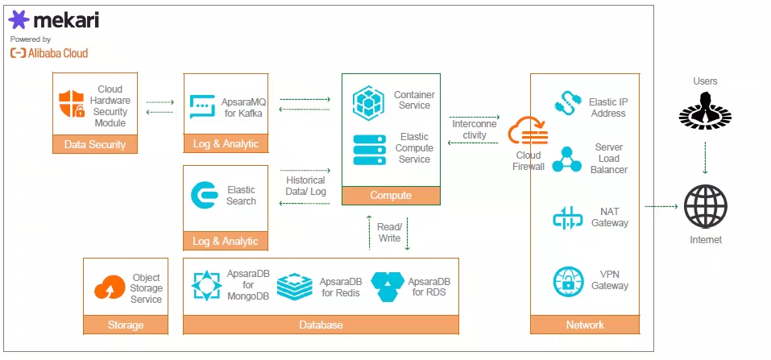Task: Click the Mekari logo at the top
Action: [x=55, y=19]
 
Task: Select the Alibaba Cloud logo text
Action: [x=49, y=53]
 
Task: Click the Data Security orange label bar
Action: [x=95, y=144]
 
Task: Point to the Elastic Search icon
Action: [x=203, y=196]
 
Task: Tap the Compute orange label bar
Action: [x=391, y=195]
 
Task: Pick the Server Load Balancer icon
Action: [x=567, y=159]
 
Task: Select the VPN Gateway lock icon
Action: [x=569, y=281]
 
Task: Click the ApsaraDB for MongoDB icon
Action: [x=207, y=286]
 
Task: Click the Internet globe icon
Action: [x=705, y=206]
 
